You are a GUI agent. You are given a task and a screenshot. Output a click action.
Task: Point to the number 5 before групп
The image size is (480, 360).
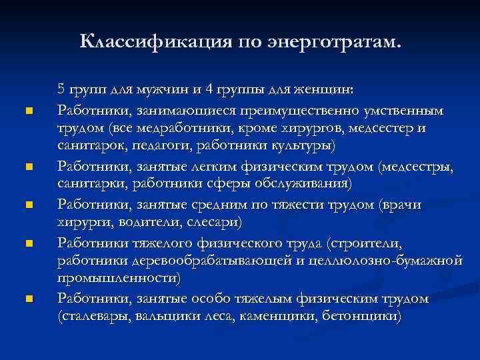(61, 89)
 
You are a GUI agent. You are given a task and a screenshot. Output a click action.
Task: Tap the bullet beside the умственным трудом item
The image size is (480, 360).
(27, 111)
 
